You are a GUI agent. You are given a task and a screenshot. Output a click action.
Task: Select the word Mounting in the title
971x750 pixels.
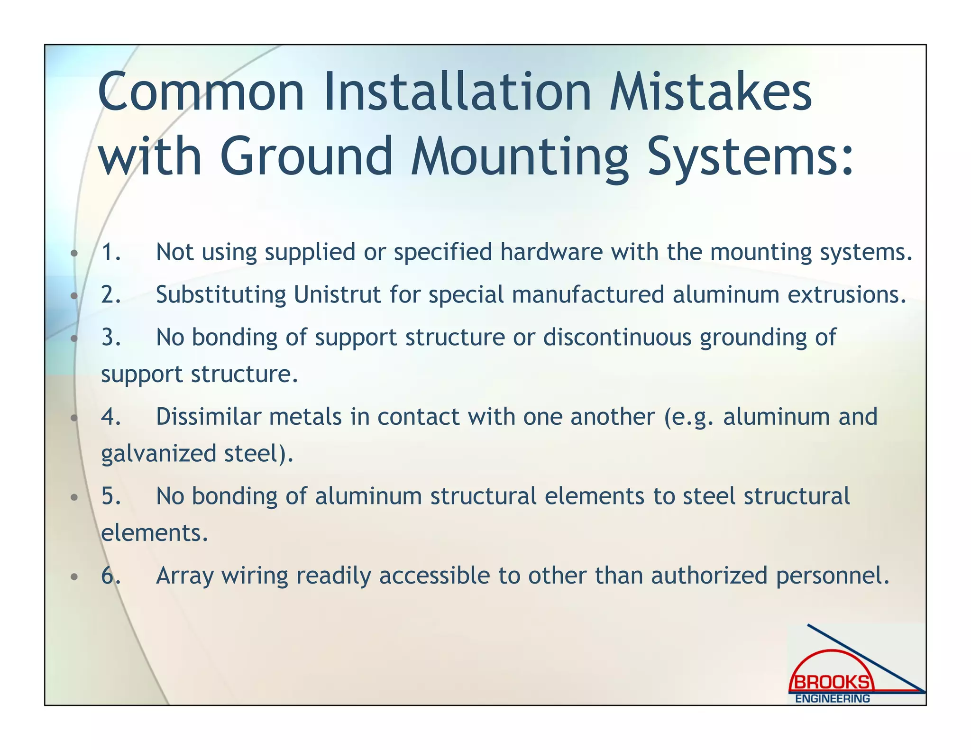520,156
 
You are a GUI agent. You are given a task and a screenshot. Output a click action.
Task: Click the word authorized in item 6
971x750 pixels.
709,576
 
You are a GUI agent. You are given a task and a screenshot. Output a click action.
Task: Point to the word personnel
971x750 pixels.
833,576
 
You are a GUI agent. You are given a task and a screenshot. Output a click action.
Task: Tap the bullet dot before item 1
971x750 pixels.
74,253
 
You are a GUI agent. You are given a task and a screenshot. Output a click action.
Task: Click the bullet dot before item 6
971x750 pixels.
74,577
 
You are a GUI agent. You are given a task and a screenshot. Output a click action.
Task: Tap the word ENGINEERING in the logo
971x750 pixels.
833,698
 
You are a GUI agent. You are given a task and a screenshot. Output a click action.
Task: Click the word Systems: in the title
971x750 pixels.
751,156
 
